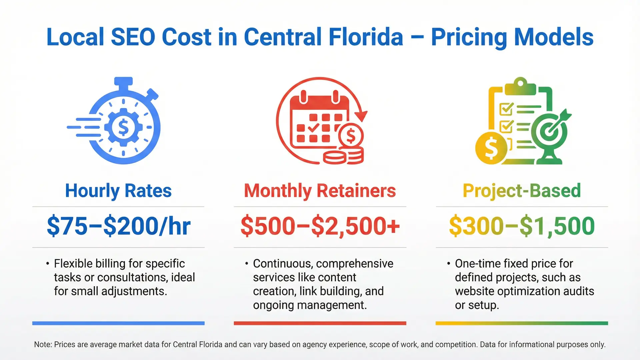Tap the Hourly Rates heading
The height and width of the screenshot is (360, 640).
click(x=118, y=191)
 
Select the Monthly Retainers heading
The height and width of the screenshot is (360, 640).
click(x=320, y=191)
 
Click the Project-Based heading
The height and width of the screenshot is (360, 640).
click(x=522, y=191)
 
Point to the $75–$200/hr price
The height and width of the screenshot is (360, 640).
click(x=118, y=226)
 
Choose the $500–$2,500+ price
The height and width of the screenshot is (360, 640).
click(x=320, y=226)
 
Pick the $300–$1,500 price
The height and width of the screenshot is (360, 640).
click(x=522, y=226)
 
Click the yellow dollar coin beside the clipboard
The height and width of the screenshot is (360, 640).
click(x=491, y=148)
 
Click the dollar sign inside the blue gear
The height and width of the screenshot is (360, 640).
click(x=123, y=127)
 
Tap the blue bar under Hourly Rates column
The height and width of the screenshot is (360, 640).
click(x=118, y=323)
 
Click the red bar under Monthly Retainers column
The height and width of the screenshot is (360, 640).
click(x=320, y=323)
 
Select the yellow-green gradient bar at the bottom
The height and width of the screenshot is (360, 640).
click(x=522, y=323)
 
